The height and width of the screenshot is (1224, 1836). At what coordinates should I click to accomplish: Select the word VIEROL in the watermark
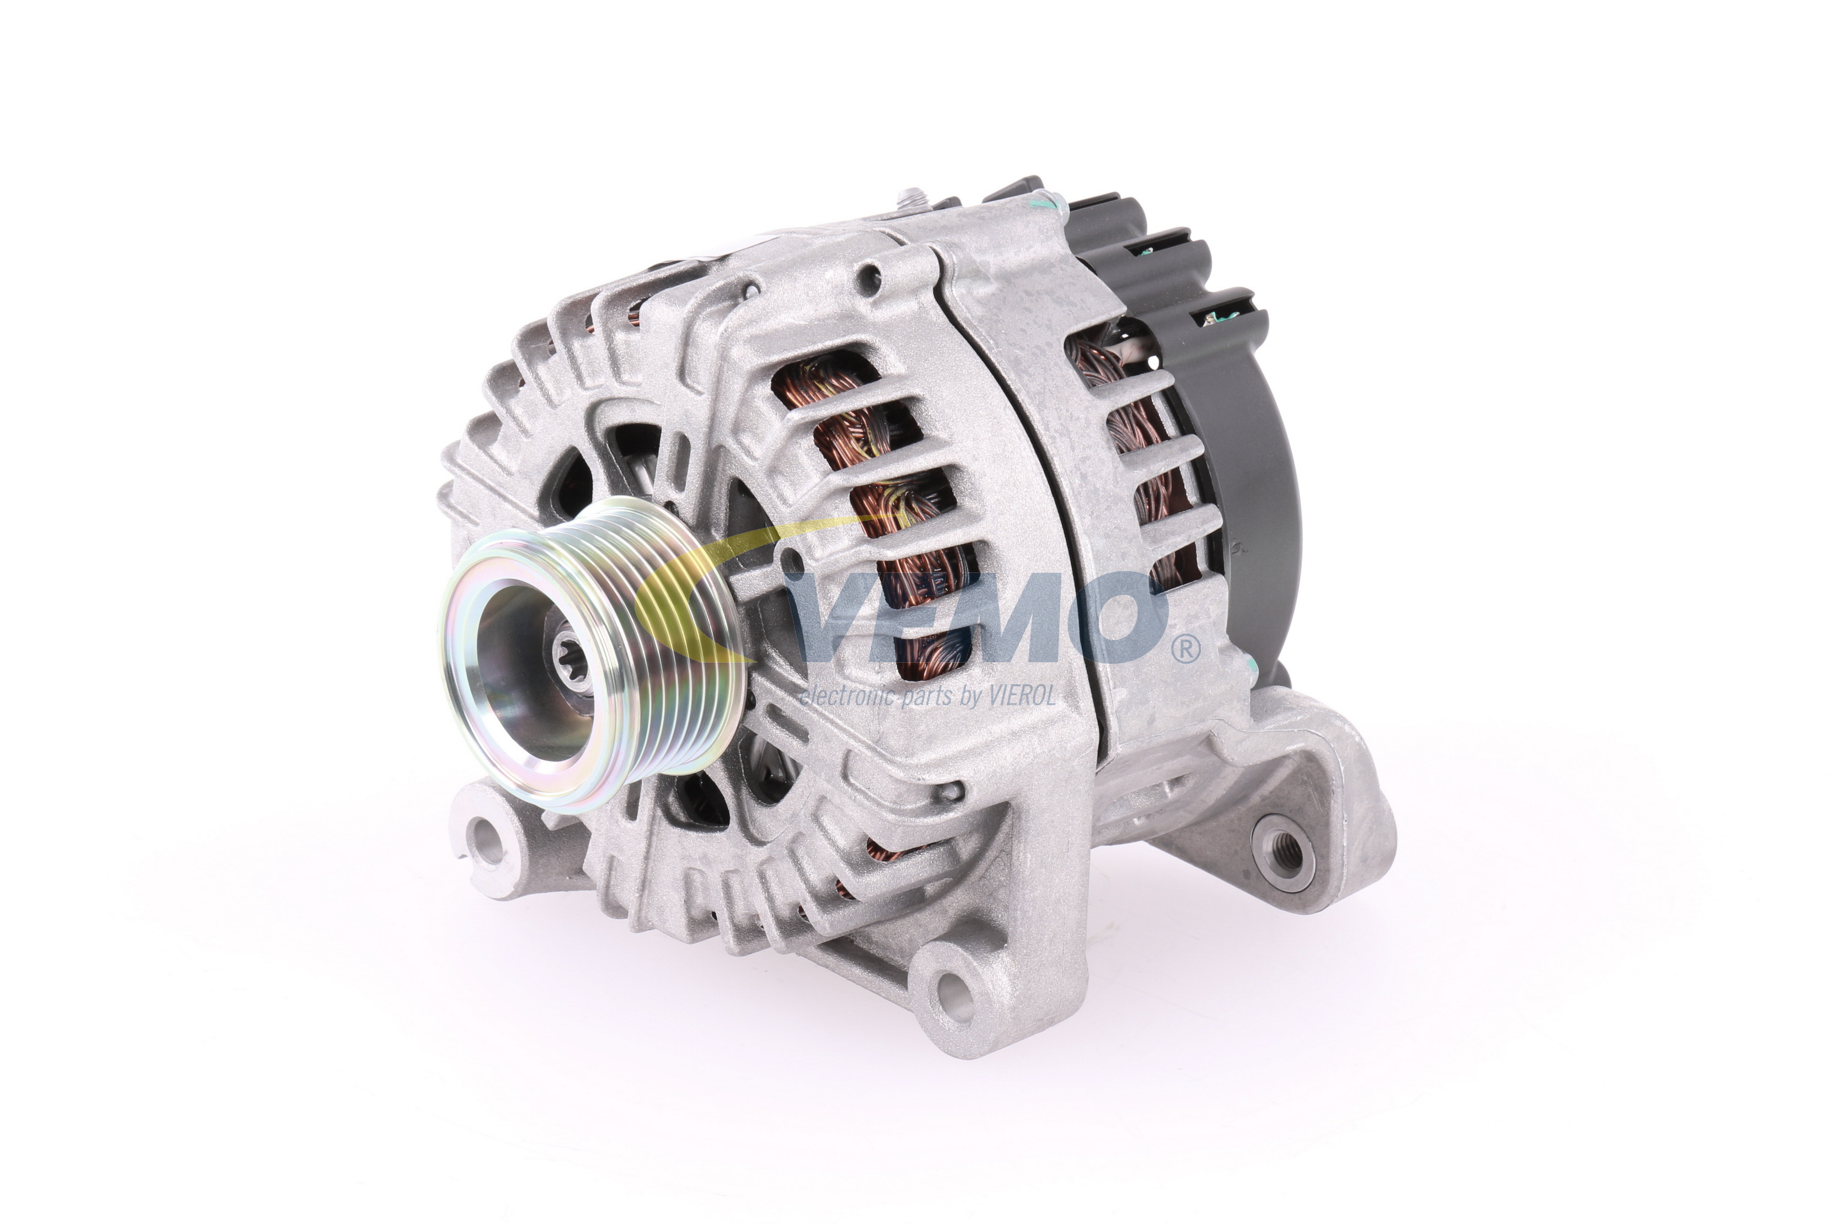click(1019, 695)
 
